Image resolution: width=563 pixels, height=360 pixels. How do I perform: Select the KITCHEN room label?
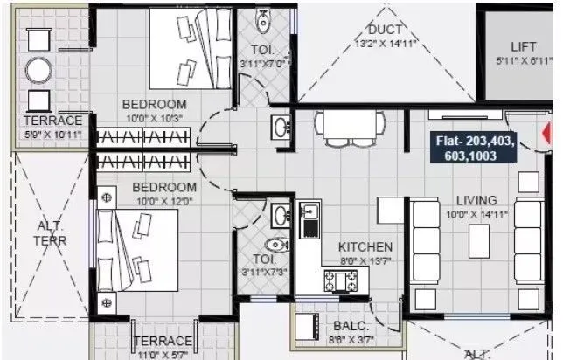(365, 247)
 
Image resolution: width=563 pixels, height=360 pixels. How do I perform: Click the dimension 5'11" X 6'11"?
(528, 60)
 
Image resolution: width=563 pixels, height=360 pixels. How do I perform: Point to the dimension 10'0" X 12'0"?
(164, 200)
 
